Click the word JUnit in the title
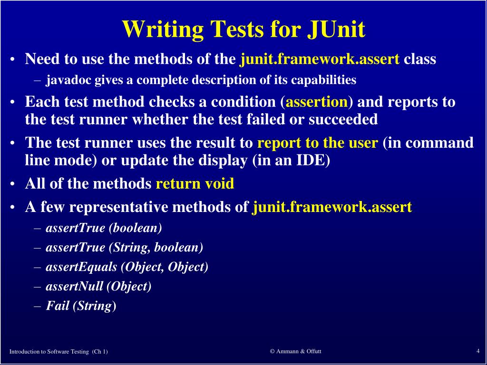pyautogui.click(x=336, y=29)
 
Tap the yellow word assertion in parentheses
pyautogui.click(x=317, y=102)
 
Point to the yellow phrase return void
pyautogui.click(x=195, y=183)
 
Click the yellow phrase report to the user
pyautogui.click(x=317, y=143)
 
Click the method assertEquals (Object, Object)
pyautogui.click(x=127, y=267)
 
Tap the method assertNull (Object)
pyautogui.click(x=98, y=286)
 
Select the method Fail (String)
pyautogui.click(x=81, y=306)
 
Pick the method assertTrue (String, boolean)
pyautogui.click(x=124, y=247)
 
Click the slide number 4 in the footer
pyautogui.click(x=477, y=351)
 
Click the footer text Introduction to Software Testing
pyautogui.click(x=49, y=352)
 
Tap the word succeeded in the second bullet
pyautogui.click(x=343, y=119)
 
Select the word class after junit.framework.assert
pyautogui.click(x=419, y=59)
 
